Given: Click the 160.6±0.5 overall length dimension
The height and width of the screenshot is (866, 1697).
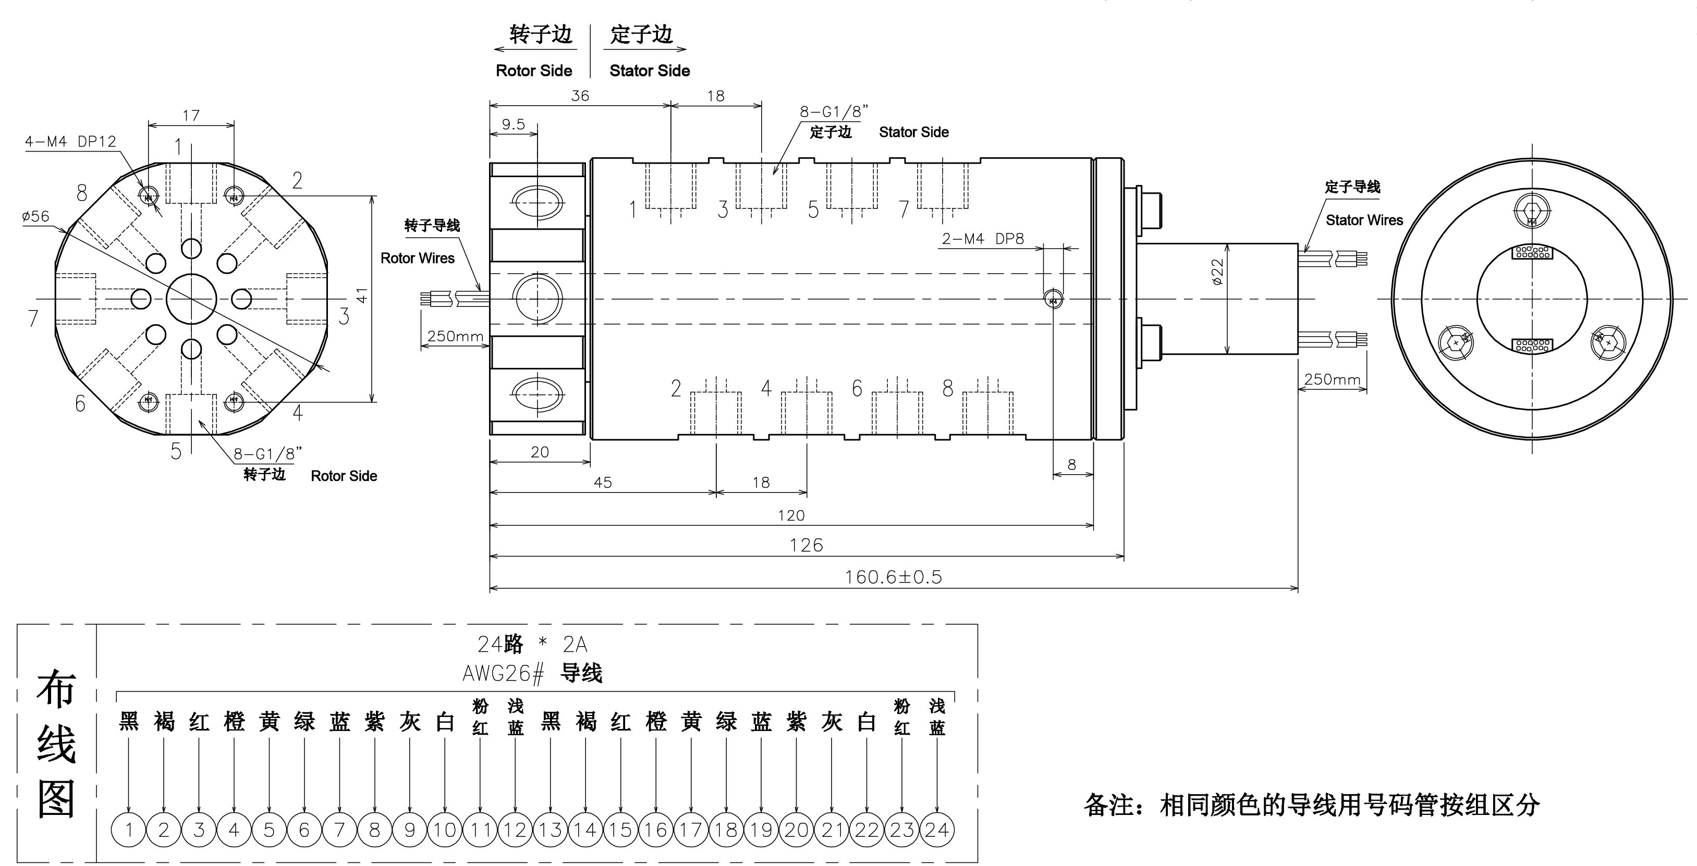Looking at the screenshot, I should click(893, 577).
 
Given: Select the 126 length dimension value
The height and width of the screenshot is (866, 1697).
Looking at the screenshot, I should click(807, 545).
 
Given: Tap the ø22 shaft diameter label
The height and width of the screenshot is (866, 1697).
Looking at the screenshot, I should click(1217, 271).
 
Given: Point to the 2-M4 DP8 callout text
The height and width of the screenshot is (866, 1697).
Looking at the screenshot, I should click(983, 239).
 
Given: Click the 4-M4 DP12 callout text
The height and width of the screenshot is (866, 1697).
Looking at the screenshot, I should click(70, 142).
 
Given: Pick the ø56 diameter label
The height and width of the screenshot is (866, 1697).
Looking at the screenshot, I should click(35, 216).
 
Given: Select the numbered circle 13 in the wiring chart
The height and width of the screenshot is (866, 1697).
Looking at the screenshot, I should click(550, 830).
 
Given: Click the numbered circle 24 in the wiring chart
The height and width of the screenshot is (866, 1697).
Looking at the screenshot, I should click(937, 830).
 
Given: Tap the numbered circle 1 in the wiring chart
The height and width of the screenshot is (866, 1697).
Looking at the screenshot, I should click(128, 830).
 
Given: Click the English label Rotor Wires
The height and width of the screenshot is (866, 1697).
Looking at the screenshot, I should click(418, 258).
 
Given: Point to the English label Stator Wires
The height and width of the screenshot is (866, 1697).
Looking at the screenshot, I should click(1364, 220).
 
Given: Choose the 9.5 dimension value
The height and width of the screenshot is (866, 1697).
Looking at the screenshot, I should click(513, 125).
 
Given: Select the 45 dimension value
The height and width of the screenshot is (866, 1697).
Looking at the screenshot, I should click(603, 483).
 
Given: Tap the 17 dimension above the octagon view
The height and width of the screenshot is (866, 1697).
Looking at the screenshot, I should click(191, 116).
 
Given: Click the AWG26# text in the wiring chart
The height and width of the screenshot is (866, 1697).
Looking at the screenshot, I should click(503, 674).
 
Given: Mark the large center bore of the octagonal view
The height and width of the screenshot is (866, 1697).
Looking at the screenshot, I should click(191, 299).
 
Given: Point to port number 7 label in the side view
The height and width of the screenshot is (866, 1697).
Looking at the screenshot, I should click(904, 209).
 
